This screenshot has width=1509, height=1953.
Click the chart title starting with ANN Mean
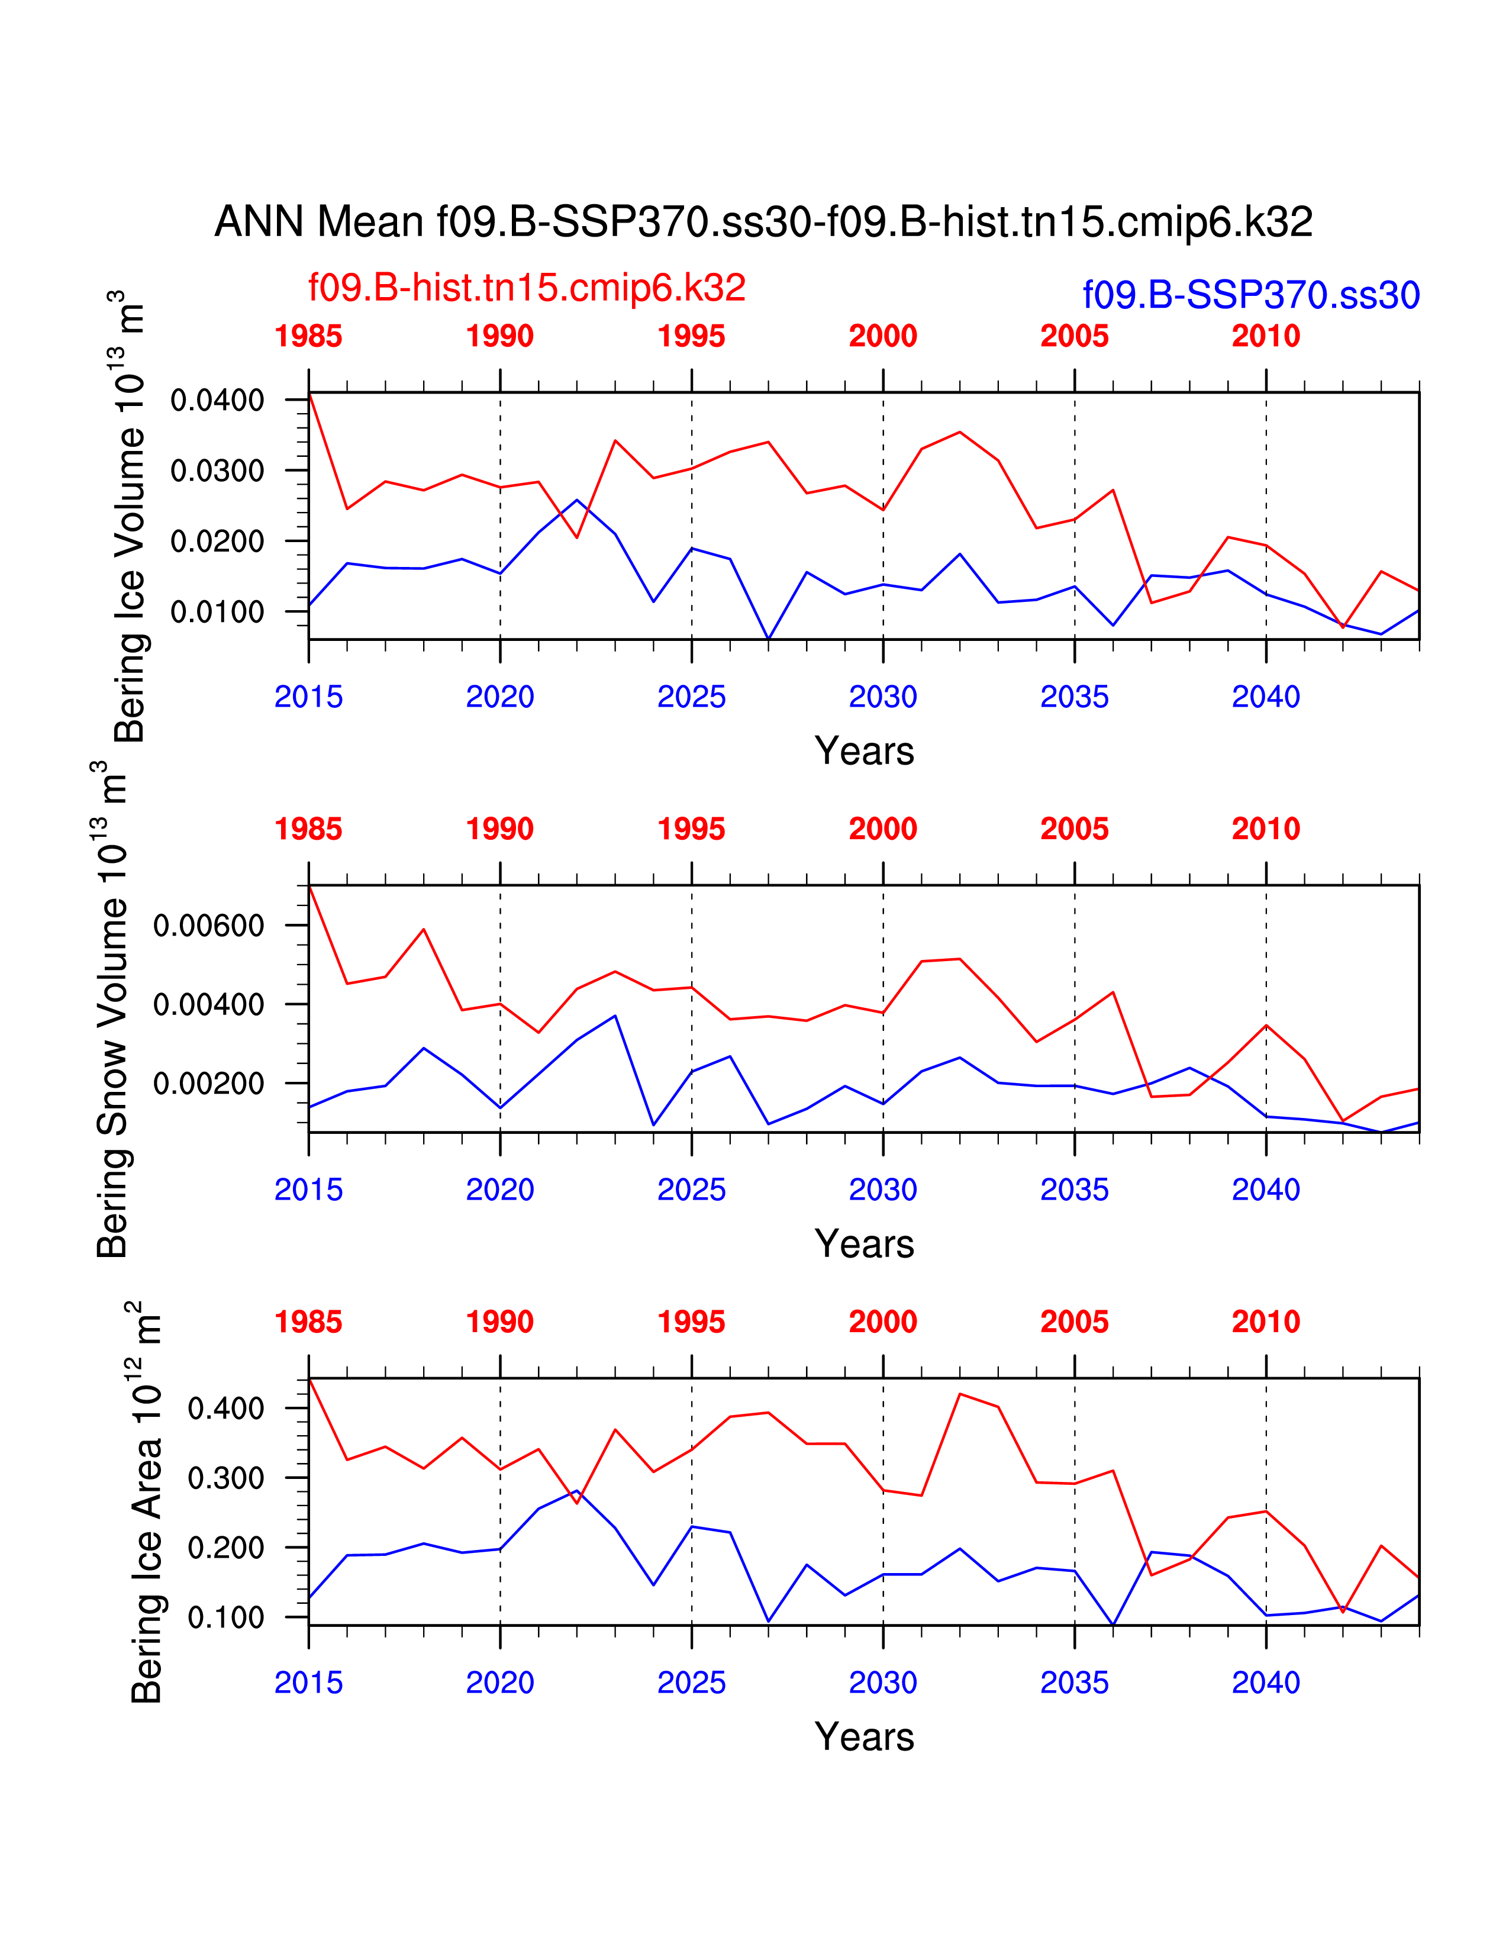763,222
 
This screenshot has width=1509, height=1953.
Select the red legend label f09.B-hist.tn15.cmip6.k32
527,287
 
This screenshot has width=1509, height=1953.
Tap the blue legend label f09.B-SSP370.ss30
1250,295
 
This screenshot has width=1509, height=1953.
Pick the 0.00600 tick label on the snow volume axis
209,926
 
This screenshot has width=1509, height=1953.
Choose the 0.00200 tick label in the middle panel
209,1084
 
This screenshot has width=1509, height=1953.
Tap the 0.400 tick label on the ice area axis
225,1409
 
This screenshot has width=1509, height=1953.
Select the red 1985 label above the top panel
308,336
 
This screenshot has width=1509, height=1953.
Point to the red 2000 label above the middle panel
882,829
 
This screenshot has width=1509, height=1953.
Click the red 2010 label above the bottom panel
1266,1322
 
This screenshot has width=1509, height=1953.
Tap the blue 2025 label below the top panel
691,697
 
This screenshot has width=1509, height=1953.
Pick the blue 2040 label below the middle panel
1266,1190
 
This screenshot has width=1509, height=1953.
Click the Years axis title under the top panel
863,751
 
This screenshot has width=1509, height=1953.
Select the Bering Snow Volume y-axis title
112,1010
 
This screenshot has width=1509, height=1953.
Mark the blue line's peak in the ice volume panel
576,500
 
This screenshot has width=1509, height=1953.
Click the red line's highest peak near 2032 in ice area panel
960,1394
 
